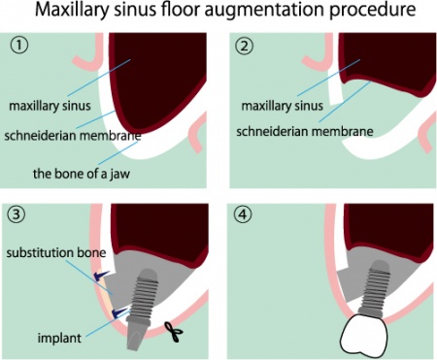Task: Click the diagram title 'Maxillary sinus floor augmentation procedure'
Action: (218, 14)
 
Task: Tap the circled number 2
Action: (242, 46)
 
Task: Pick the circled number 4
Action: (242, 215)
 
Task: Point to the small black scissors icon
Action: (175, 332)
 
